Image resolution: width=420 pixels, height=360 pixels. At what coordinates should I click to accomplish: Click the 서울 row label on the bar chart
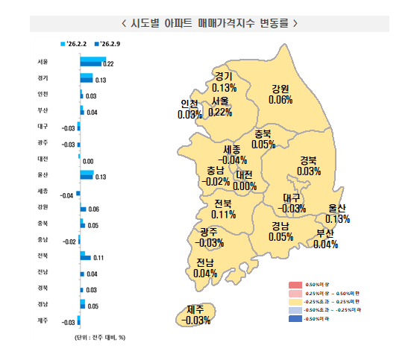(43, 62)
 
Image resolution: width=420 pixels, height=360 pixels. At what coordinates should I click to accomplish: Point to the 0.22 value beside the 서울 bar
(108, 65)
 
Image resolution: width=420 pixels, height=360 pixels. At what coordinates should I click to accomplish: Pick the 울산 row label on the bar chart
(43, 174)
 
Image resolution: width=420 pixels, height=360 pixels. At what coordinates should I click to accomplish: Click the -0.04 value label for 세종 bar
(67, 195)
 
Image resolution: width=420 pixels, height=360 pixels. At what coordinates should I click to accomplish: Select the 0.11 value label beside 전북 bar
(97, 258)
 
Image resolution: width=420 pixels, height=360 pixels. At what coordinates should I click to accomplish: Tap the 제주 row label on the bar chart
(43, 320)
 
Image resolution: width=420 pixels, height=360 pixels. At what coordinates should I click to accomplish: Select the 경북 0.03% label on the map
(308, 165)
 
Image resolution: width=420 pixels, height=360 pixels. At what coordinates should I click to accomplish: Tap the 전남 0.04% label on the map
(204, 268)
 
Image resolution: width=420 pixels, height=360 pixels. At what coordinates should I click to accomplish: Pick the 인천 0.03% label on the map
(189, 110)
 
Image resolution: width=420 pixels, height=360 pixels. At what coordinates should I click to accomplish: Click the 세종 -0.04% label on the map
(232, 154)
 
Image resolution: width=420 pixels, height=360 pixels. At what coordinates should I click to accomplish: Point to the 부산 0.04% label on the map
(326, 239)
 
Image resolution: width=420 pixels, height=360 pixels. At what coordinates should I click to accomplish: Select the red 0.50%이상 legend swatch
(295, 285)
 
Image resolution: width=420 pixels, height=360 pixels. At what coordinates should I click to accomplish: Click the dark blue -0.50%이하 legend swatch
(295, 319)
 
